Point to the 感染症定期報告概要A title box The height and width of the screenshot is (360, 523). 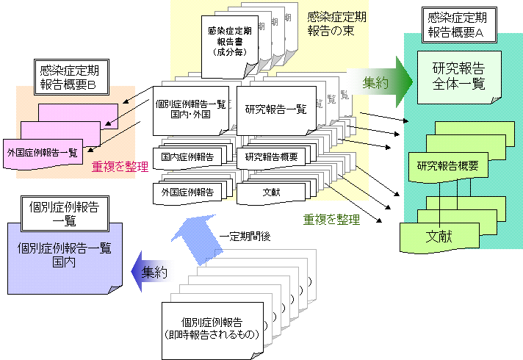click(455, 24)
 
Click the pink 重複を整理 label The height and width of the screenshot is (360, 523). click(120, 167)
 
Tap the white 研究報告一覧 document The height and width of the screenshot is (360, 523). click(275, 111)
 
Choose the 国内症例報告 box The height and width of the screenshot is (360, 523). click(187, 156)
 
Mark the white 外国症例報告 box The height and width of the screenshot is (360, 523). click(187, 192)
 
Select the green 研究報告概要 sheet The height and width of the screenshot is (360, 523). click(447, 166)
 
